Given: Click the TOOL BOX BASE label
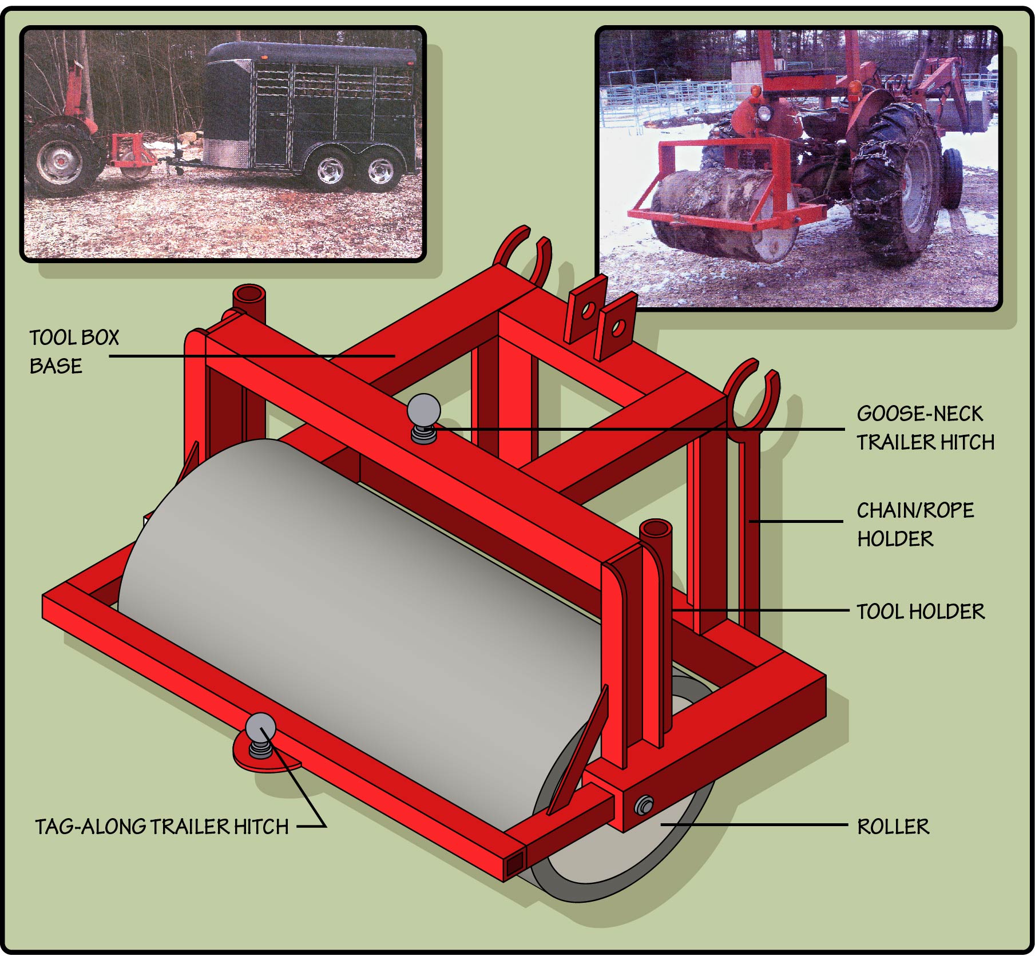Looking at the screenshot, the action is [x=74, y=351].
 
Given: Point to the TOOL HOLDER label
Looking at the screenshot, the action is [x=920, y=612].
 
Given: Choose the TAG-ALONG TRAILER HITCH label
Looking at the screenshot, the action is [x=162, y=827].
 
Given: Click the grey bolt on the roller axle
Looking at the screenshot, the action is [x=644, y=806].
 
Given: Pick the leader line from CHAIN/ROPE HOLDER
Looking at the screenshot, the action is [x=796, y=521].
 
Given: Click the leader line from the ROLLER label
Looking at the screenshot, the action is [x=754, y=824].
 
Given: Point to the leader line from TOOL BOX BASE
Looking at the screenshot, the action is [x=252, y=356].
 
